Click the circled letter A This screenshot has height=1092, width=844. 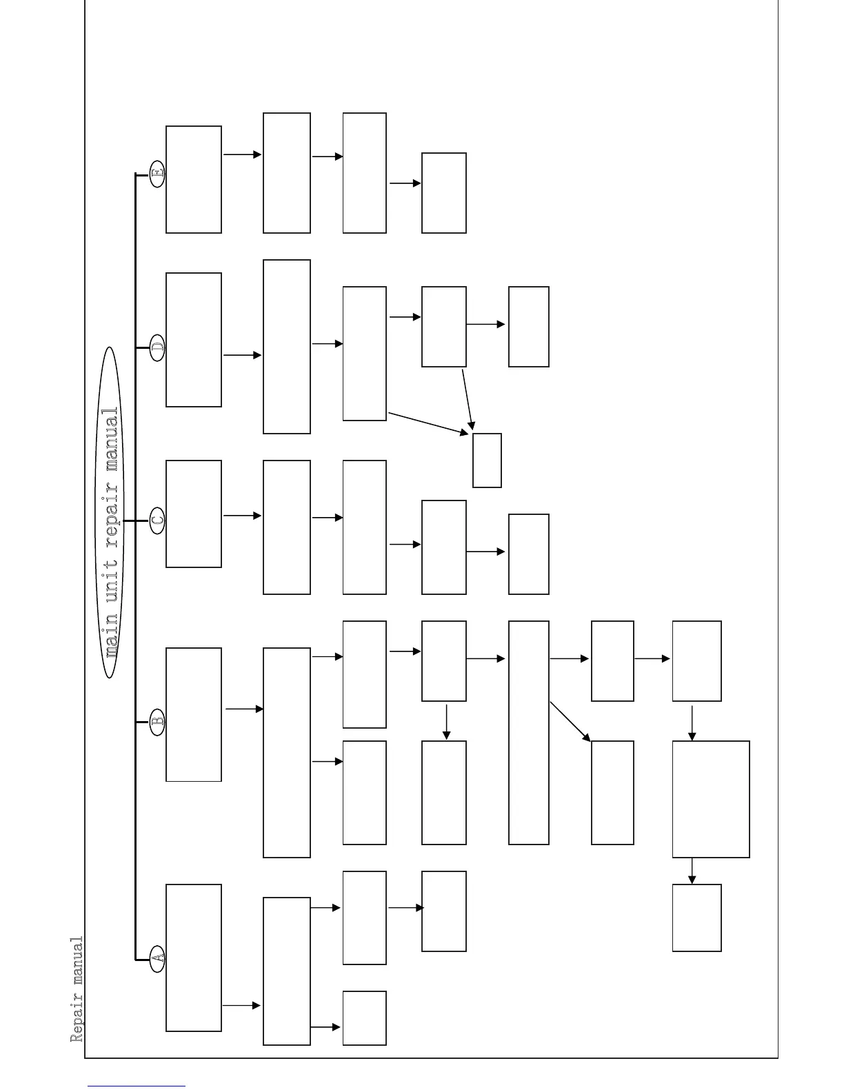(x=157, y=958)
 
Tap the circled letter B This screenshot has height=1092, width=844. (x=157, y=722)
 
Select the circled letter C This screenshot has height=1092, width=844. (x=157, y=520)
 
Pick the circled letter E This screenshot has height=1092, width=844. (x=157, y=173)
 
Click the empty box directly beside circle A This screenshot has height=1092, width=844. (x=194, y=958)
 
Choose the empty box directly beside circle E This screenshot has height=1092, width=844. (x=194, y=179)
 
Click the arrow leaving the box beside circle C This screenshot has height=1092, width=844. (x=242, y=516)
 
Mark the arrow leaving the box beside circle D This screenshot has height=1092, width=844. (x=242, y=355)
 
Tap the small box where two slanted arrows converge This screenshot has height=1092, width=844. (x=487, y=461)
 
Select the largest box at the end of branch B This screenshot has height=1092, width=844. (x=711, y=799)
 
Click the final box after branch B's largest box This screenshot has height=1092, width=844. (x=696, y=918)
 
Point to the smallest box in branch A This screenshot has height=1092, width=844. (x=364, y=1018)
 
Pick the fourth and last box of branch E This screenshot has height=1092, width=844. (x=443, y=193)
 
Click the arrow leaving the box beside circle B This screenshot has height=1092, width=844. (x=244, y=709)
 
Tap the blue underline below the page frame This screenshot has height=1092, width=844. (x=137, y=1086)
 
